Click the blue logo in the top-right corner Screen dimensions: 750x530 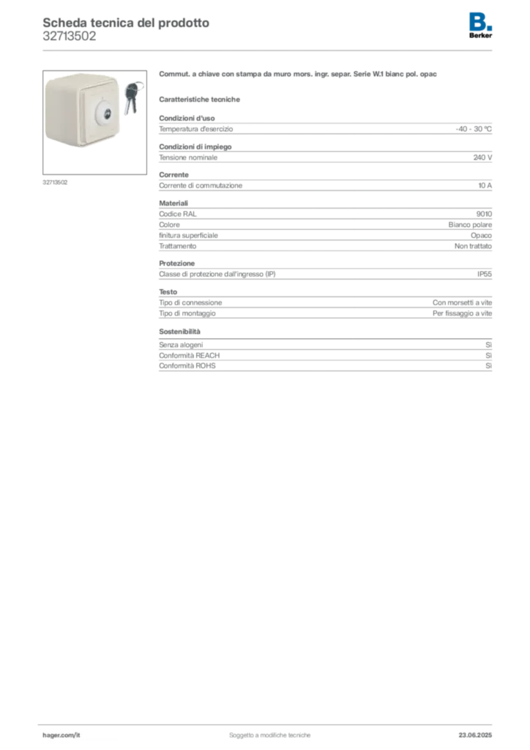(481, 21)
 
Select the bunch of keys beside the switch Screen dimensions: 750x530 (131, 97)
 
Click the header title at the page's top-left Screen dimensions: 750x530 (124, 23)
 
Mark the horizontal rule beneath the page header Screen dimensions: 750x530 (269, 50)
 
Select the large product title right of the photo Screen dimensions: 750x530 (298, 75)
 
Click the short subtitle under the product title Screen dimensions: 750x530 (201, 99)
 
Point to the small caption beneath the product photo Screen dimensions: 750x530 (56, 182)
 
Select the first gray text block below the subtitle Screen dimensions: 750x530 (325, 128)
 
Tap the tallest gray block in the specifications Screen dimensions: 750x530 (325, 229)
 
